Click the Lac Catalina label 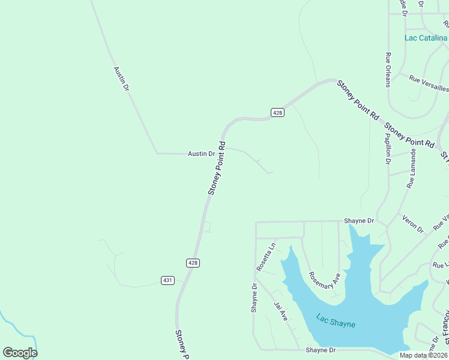click(426, 38)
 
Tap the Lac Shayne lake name click(336, 321)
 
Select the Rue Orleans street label click(388, 70)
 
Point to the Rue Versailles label click(429, 83)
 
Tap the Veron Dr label click(413, 223)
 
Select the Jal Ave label click(281, 311)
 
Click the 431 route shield click(167, 280)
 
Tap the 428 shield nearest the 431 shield click(192, 263)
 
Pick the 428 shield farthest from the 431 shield click(277, 112)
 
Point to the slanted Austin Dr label click(121, 79)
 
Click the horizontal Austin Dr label click(201, 154)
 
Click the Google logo click(20, 352)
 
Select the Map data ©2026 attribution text click(423, 355)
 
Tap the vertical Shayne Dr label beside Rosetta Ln click(254, 298)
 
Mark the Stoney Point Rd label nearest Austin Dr click(217, 168)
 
